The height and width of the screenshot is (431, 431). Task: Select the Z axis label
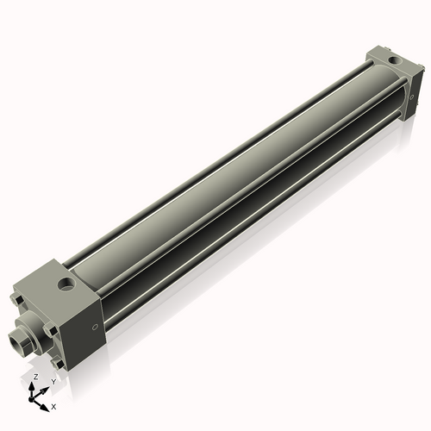pyautogui.click(x=34, y=378)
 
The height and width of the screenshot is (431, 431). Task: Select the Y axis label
pyautogui.click(x=53, y=381)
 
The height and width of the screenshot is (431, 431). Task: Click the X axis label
pyautogui.click(x=53, y=405)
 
